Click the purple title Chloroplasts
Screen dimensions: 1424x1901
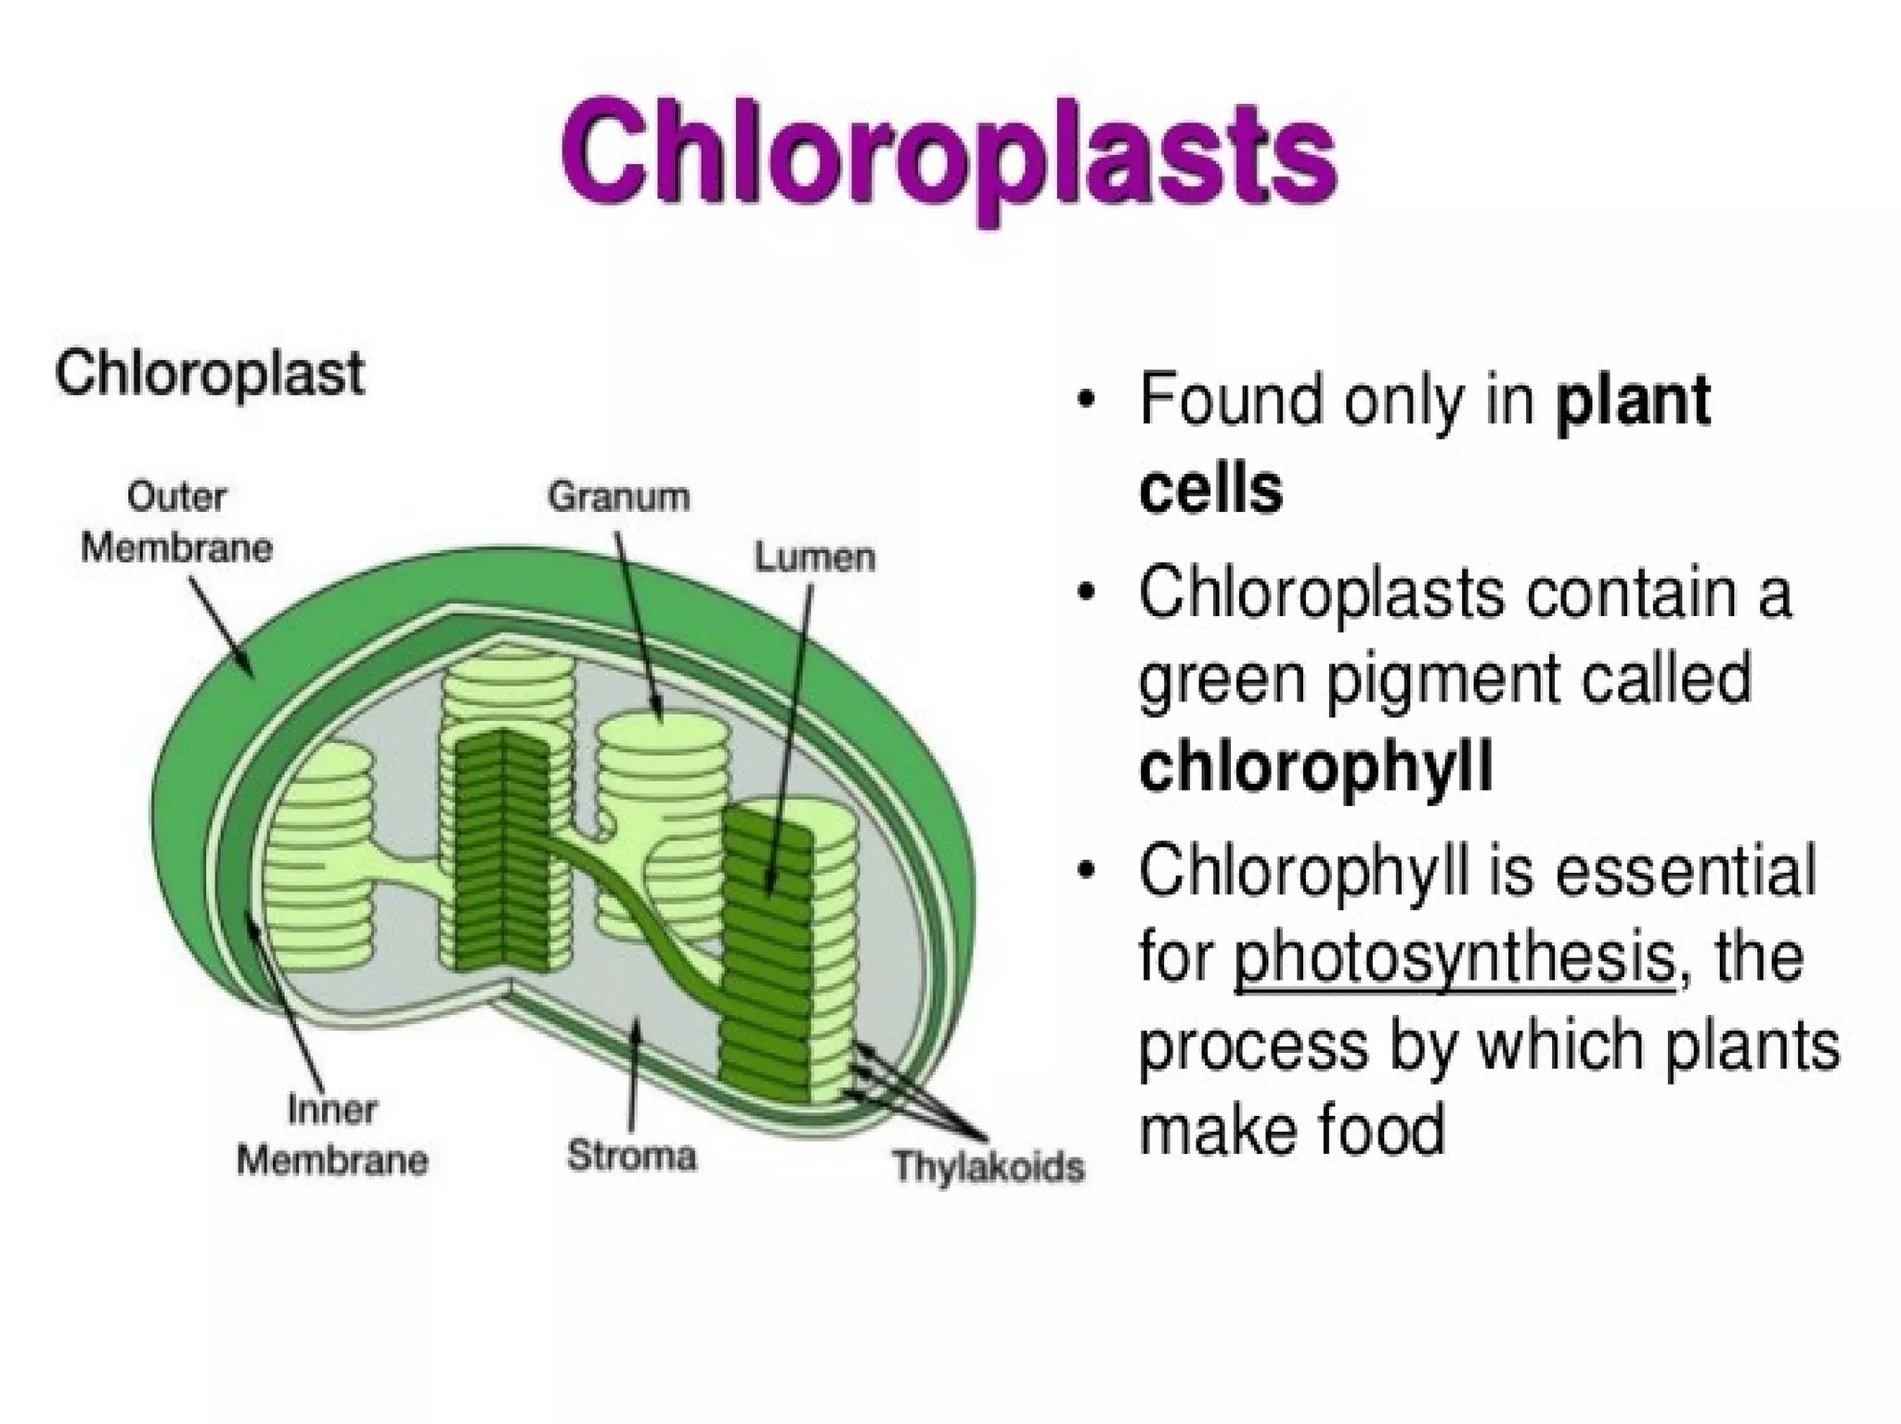[949, 158]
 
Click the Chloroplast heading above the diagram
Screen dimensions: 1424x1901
[210, 374]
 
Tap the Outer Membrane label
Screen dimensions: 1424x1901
[176, 522]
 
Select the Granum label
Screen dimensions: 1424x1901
[619, 496]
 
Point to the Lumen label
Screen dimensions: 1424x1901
[815, 558]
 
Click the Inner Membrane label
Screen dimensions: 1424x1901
[332, 1135]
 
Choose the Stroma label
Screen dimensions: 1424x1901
[632, 1156]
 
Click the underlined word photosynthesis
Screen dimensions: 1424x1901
[1454, 958]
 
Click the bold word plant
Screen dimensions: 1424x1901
[1634, 401]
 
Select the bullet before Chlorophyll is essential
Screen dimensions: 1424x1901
[1084, 873]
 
